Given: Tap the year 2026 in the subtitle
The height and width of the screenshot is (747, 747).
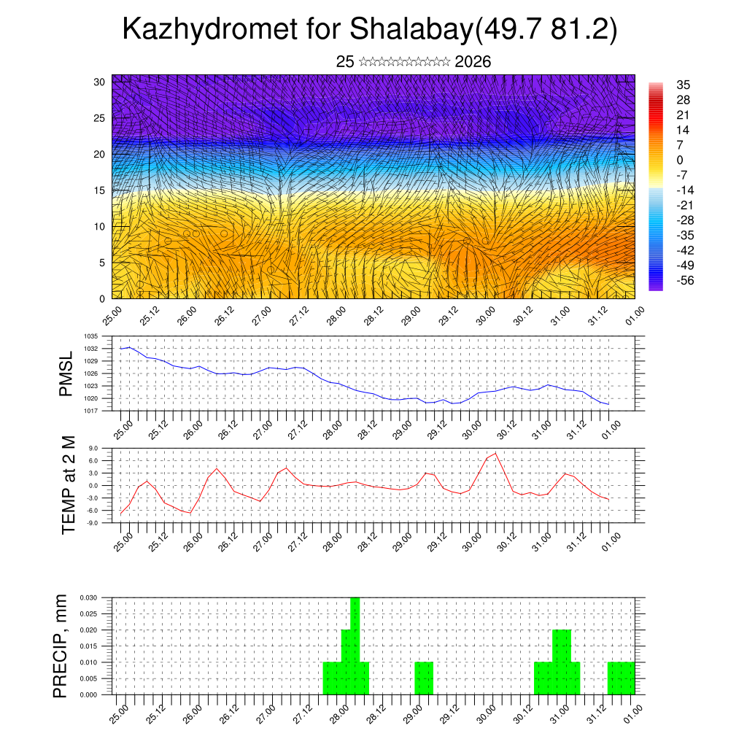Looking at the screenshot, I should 473,62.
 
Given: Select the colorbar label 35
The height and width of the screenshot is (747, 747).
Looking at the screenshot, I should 684,85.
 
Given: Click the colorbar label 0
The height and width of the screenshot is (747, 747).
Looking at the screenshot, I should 681,160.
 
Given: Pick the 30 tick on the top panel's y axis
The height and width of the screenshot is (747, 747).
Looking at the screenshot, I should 100,82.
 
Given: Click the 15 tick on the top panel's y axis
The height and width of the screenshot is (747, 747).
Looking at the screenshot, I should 100,190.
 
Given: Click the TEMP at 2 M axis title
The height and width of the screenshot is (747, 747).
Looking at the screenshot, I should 69,484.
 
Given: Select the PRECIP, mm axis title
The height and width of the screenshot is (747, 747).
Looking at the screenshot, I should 61,646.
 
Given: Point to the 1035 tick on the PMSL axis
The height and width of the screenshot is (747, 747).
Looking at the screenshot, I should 91,336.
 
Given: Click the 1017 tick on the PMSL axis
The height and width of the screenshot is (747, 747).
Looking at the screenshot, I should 91,411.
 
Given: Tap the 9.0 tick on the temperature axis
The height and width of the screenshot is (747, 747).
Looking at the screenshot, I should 93,449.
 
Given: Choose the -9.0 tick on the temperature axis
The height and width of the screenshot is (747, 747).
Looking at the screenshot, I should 93,523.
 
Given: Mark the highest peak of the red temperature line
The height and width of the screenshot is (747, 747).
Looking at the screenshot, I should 496,454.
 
